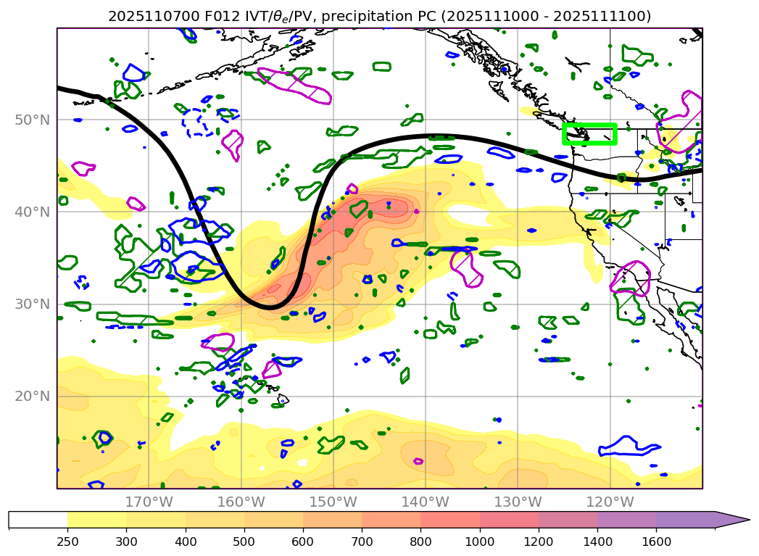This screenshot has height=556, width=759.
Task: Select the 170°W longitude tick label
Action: coord(149,502)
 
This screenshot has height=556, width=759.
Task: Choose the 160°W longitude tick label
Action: coord(241,502)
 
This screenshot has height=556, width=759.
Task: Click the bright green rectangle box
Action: coord(589,134)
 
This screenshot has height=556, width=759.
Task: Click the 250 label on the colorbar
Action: coord(67,540)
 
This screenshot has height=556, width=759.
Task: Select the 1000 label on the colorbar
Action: coord(479,540)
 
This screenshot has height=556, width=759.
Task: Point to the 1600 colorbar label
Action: coord(656,540)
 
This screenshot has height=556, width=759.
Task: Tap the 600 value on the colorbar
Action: coord(302,540)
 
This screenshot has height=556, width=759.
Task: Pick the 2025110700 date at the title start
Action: coord(144,16)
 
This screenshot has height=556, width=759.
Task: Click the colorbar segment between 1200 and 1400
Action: coord(568,520)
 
